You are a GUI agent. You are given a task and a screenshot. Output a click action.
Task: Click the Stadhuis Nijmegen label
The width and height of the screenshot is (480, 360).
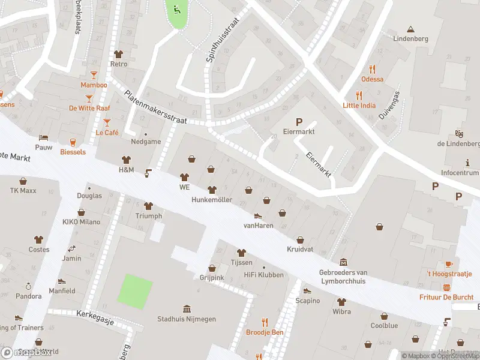click(x=186, y=319)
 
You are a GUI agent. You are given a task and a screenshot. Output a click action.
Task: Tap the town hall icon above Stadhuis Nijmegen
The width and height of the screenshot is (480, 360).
click(x=186, y=308)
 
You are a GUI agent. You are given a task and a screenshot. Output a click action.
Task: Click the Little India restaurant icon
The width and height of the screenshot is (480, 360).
click(x=359, y=95)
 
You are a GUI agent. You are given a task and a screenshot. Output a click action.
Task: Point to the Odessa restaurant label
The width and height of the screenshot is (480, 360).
click(x=372, y=79)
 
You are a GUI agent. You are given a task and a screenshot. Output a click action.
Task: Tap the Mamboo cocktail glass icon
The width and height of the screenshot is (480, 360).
click(x=94, y=74)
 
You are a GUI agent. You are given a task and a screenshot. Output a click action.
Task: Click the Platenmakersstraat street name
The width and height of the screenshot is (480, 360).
click(x=155, y=107)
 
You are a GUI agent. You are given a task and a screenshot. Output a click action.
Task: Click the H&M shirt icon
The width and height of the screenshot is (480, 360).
click(x=126, y=160)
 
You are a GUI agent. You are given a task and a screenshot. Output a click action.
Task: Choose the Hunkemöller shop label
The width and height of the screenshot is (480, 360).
click(x=212, y=199)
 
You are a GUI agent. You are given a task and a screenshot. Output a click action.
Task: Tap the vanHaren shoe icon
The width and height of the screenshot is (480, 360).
click(x=258, y=215)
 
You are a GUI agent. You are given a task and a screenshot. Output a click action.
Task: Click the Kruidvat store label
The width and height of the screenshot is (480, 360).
click(x=301, y=250)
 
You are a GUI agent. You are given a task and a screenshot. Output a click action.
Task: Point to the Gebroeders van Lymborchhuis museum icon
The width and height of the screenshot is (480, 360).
click(x=343, y=262)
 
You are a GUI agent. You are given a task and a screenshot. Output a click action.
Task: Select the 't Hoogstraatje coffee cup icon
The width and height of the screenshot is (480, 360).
click(x=449, y=264)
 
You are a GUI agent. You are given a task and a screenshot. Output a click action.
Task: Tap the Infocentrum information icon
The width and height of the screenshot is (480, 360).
click(x=468, y=163)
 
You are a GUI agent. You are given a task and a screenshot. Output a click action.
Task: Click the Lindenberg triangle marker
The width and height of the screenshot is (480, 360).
click(x=410, y=29)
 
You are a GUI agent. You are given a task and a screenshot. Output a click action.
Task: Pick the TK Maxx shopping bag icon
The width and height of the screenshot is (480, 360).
click(x=23, y=181)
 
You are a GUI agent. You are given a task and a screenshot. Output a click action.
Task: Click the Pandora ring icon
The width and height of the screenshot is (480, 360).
click(x=28, y=286)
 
